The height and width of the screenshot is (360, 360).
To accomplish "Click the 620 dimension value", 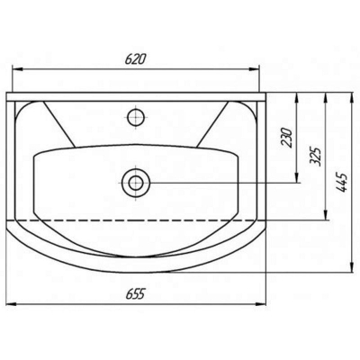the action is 135,59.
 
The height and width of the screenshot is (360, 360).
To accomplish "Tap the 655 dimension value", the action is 135,293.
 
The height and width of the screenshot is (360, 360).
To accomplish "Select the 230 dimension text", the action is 287,137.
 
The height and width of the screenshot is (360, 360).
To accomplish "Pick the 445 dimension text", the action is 342,182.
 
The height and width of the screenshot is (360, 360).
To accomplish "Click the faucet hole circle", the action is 136,117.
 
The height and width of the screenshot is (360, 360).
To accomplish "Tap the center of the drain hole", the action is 136,183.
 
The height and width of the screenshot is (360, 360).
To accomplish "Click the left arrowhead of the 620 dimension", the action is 17,69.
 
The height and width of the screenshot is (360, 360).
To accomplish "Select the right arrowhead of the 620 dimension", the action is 254,69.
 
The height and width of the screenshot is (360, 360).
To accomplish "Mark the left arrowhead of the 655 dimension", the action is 12,304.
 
